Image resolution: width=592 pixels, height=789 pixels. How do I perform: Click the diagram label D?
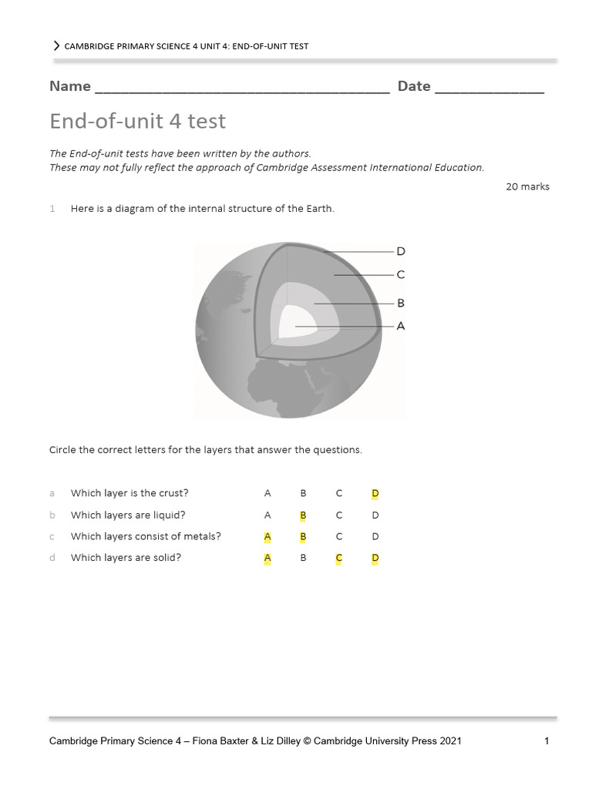tap(400, 251)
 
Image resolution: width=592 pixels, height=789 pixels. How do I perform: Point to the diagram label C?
tap(400, 274)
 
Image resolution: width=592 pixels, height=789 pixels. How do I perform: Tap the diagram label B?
tap(400, 304)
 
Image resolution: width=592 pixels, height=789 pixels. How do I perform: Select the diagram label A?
tap(400, 326)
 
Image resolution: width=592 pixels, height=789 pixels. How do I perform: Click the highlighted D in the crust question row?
tap(375, 493)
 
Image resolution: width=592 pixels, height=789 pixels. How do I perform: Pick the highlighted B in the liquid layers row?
tap(303, 515)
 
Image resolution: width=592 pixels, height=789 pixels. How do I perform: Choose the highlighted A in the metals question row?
tap(267, 536)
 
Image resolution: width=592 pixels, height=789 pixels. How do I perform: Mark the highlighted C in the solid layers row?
tap(338, 558)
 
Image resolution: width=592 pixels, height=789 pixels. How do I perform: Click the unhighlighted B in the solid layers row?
tap(303, 558)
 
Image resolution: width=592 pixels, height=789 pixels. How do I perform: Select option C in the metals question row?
tap(338, 536)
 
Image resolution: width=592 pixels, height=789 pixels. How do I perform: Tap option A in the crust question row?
tap(267, 493)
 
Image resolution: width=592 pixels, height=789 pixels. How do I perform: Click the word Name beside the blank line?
tap(70, 86)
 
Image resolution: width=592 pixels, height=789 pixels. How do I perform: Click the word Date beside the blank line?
tap(414, 86)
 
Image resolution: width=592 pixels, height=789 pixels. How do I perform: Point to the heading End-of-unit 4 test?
tap(137, 122)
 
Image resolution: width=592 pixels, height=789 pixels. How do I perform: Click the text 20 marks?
tap(527, 186)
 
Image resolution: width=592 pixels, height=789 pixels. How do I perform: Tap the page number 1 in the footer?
tap(546, 741)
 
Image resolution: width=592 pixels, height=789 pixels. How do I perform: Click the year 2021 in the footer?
tap(449, 741)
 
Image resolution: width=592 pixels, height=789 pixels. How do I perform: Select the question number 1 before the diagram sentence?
tap(52, 209)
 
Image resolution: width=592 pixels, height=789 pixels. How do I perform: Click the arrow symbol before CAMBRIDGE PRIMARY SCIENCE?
tap(56, 46)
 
